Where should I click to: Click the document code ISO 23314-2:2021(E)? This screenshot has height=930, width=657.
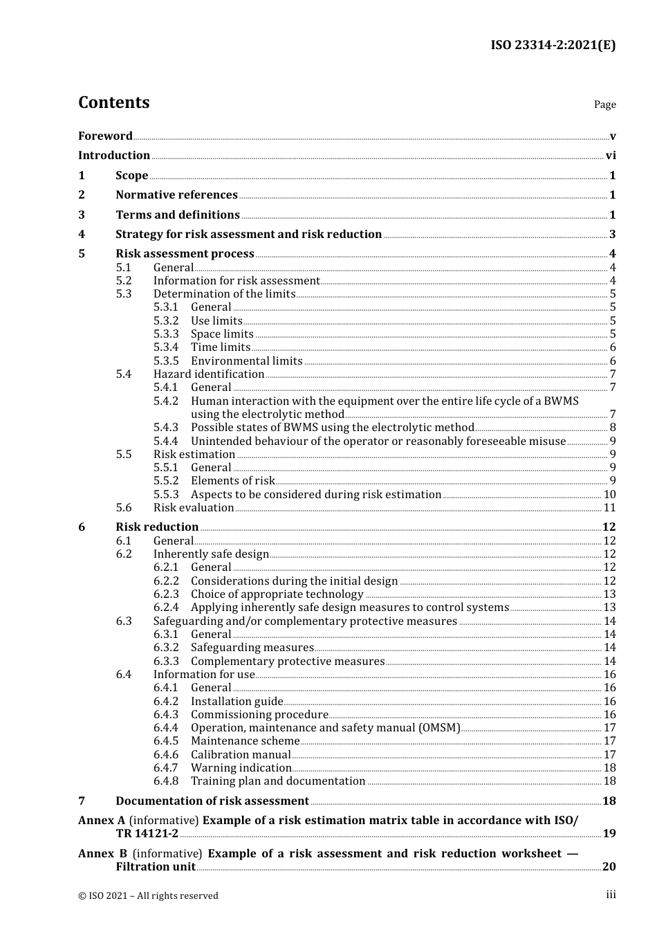coord(553,46)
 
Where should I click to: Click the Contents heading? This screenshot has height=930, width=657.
coord(113,102)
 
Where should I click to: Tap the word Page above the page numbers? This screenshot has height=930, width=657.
coord(604,104)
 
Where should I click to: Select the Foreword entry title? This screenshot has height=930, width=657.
coord(105,136)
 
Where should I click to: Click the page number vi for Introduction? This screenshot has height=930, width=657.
coord(611,156)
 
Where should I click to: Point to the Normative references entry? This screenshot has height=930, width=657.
coord(176,195)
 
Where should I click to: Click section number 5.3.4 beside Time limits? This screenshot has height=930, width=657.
coord(166,347)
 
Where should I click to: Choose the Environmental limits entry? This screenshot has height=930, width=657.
coord(246,361)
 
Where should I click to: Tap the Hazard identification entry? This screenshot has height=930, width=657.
coord(208,374)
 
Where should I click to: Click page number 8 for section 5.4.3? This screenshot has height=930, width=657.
coord(613,428)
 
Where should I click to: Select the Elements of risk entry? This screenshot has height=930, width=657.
coord(232,481)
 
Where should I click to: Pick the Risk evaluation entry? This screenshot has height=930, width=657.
coord(194,508)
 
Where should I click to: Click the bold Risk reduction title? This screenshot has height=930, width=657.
coord(157,527)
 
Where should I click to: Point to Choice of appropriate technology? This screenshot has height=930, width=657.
coord(277,594)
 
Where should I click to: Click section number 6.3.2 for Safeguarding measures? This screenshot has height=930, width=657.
coord(166,648)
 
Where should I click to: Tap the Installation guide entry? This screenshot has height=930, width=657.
coord(237,702)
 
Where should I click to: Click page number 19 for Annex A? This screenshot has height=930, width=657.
coord(609,834)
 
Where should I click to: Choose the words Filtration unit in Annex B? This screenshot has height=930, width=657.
coord(155,867)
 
